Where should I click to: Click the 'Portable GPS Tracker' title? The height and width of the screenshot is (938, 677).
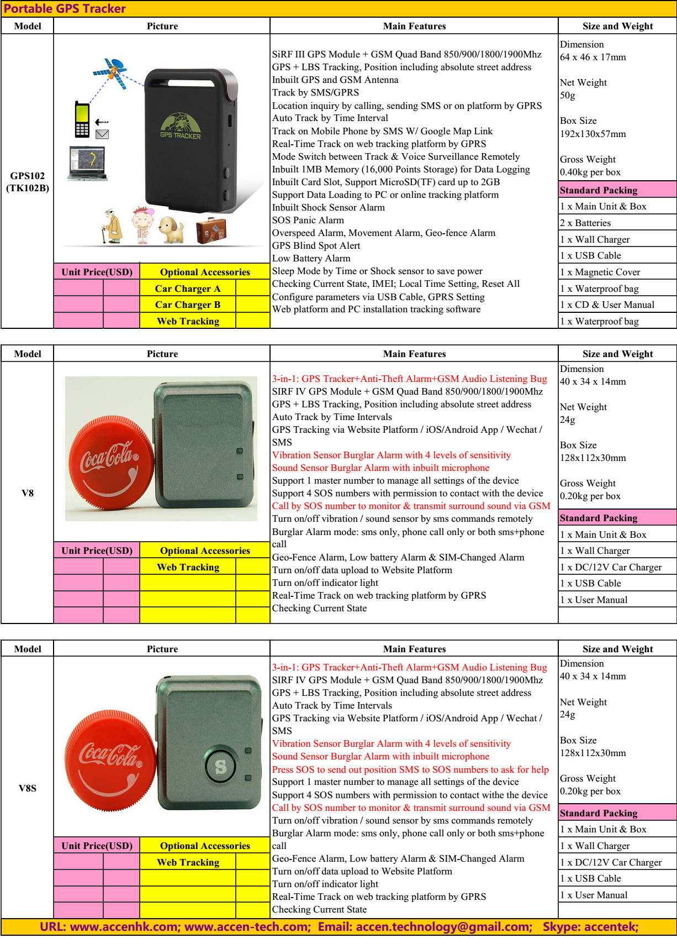coord(65,9)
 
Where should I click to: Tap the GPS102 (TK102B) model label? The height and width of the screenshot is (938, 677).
coord(28,182)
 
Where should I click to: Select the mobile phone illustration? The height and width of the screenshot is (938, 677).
coord(82,119)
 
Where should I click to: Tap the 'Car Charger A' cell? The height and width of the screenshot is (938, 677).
coord(187,289)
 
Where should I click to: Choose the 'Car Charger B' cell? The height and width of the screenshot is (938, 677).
coord(187,305)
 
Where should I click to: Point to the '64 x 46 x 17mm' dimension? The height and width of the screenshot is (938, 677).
coord(593,57)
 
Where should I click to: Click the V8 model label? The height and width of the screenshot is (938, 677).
coord(28,493)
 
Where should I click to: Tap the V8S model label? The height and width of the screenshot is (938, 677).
coord(28,788)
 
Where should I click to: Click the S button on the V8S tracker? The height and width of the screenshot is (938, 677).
coord(221,766)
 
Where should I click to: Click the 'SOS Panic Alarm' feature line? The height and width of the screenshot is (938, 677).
coord(308,220)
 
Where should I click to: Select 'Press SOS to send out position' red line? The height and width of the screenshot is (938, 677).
coord(410,769)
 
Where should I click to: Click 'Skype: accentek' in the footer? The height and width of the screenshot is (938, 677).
coord(590,927)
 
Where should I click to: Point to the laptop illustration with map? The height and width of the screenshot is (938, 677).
coord(87,163)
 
